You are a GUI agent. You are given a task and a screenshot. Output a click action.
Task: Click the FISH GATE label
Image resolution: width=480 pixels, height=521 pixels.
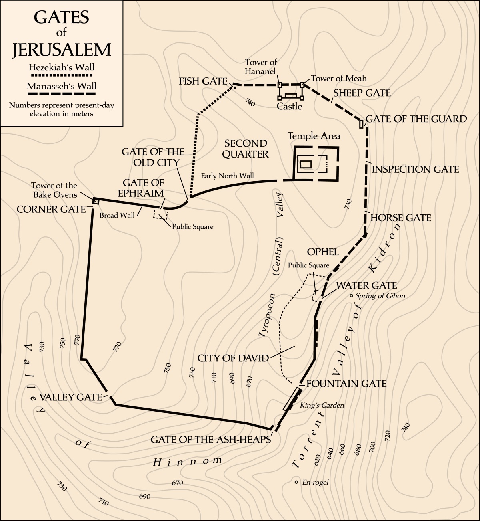tap(203, 81)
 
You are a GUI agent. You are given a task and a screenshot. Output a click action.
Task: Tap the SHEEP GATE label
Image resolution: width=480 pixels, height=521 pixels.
tap(362, 93)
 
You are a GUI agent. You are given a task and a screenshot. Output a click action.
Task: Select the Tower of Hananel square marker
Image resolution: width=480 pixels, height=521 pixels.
tap(280, 85)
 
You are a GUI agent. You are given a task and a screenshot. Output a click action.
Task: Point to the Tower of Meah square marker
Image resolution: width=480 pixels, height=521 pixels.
tap(302, 85)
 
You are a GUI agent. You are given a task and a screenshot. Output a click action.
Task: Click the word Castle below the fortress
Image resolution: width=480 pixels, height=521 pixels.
tap(289, 107)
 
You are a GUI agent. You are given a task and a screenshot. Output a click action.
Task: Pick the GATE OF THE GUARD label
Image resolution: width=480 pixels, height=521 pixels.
tap(416, 119)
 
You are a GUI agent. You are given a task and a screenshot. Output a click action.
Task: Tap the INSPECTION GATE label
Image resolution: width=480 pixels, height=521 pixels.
tap(415, 170)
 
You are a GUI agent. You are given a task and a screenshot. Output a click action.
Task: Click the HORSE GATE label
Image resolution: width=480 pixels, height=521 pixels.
tap(401, 218)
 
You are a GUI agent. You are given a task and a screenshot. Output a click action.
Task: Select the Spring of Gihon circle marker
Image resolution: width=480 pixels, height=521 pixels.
tap(351, 296)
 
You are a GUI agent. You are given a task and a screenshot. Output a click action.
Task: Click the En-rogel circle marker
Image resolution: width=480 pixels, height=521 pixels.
tap(296, 482)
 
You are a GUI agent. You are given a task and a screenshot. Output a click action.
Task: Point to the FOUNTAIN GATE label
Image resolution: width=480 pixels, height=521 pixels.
tap(346, 384)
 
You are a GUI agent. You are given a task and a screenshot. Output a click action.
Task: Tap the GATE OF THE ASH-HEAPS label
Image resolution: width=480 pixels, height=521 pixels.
tap(210, 440)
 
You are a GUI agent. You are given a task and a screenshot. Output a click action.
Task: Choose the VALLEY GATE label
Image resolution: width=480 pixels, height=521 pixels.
tap(71, 397)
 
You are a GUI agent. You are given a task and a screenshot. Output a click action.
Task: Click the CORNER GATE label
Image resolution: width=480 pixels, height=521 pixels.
tap(51, 209)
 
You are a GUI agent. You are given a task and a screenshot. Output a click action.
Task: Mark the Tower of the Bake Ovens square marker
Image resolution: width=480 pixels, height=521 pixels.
tap(96, 201)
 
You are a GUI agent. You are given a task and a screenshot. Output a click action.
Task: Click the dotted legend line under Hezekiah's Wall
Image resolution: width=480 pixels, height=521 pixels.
tap(62, 75)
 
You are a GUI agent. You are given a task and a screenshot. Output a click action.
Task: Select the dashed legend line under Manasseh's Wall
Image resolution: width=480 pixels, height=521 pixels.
tap(62, 94)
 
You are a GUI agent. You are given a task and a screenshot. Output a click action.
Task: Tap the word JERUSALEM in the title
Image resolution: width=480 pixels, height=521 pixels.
tap(62, 50)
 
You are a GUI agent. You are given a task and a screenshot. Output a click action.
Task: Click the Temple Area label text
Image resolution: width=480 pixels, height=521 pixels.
tap(314, 136)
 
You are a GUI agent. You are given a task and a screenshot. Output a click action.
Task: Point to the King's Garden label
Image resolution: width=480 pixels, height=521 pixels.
tap(322, 405)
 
